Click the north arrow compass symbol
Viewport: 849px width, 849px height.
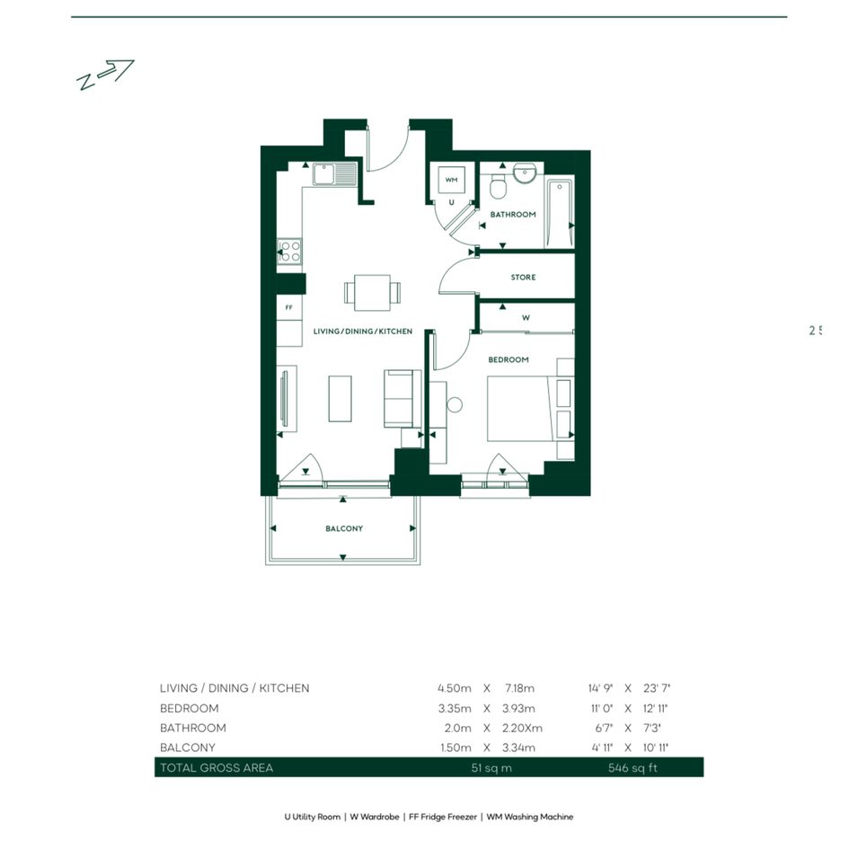click(x=105, y=75)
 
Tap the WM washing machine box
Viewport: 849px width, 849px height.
click(x=451, y=181)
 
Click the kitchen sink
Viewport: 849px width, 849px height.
click(x=334, y=173)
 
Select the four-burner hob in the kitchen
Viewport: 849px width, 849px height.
click(x=289, y=252)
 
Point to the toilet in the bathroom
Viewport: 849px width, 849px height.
click(x=498, y=187)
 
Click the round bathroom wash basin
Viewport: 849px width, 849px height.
click(x=525, y=172)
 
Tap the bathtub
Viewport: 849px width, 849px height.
click(x=560, y=213)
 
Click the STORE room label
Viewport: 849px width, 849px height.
click(x=523, y=278)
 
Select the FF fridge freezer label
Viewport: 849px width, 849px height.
click(x=289, y=307)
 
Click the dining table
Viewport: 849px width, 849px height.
click(x=373, y=293)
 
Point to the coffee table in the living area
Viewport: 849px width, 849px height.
click(x=340, y=399)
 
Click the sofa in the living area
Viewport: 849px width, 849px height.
click(x=402, y=399)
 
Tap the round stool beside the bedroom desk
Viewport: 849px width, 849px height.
click(x=455, y=404)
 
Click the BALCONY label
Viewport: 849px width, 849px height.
click(x=344, y=528)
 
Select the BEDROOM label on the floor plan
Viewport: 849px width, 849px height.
click(x=509, y=359)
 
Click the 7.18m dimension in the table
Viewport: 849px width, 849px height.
click(x=519, y=688)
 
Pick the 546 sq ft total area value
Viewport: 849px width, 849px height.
click(x=632, y=768)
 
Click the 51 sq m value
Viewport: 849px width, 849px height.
click(x=491, y=768)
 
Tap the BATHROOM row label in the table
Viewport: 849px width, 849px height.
click(x=193, y=729)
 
